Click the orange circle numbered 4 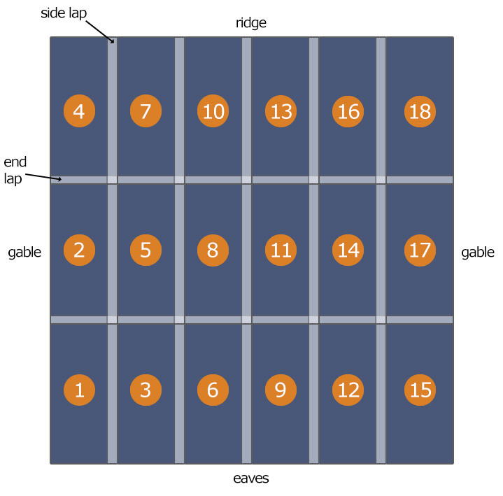point(79,111)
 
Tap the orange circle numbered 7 point(146,111)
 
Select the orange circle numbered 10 point(213,111)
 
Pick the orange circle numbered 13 point(281,111)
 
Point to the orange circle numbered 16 point(348,111)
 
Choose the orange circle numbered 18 point(420,111)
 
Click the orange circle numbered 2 point(79,250)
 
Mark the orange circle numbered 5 point(146,250)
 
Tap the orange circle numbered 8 point(213,250)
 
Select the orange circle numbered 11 point(281,250)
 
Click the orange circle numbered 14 point(348,250)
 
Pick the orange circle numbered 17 point(420,250)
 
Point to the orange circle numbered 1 point(79,389)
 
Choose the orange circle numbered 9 point(281,389)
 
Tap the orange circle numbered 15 point(420,389)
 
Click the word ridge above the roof point(250,23)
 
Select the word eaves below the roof point(250,479)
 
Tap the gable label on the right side point(478,253)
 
